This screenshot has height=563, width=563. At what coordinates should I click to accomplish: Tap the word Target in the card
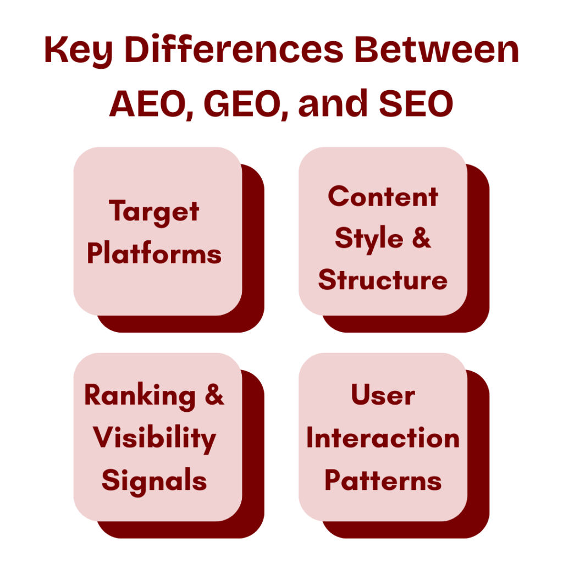pyautogui.click(x=154, y=212)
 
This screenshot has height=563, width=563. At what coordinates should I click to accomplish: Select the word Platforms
pyautogui.click(x=154, y=255)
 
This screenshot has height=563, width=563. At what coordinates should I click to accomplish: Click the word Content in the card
pyautogui.click(x=383, y=197)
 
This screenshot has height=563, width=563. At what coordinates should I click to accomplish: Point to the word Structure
pyautogui.click(x=383, y=280)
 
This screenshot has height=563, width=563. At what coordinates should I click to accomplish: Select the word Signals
pyautogui.click(x=154, y=481)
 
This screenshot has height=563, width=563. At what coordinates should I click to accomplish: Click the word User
pyautogui.click(x=383, y=396)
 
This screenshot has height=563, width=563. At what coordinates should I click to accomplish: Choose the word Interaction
pyautogui.click(x=383, y=439)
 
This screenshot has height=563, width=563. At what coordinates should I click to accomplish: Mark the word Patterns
pyautogui.click(x=383, y=481)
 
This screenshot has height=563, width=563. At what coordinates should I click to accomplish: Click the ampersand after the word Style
pyautogui.click(x=421, y=239)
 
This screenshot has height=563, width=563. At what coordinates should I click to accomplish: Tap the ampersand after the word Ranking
pyautogui.click(x=214, y=396)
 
